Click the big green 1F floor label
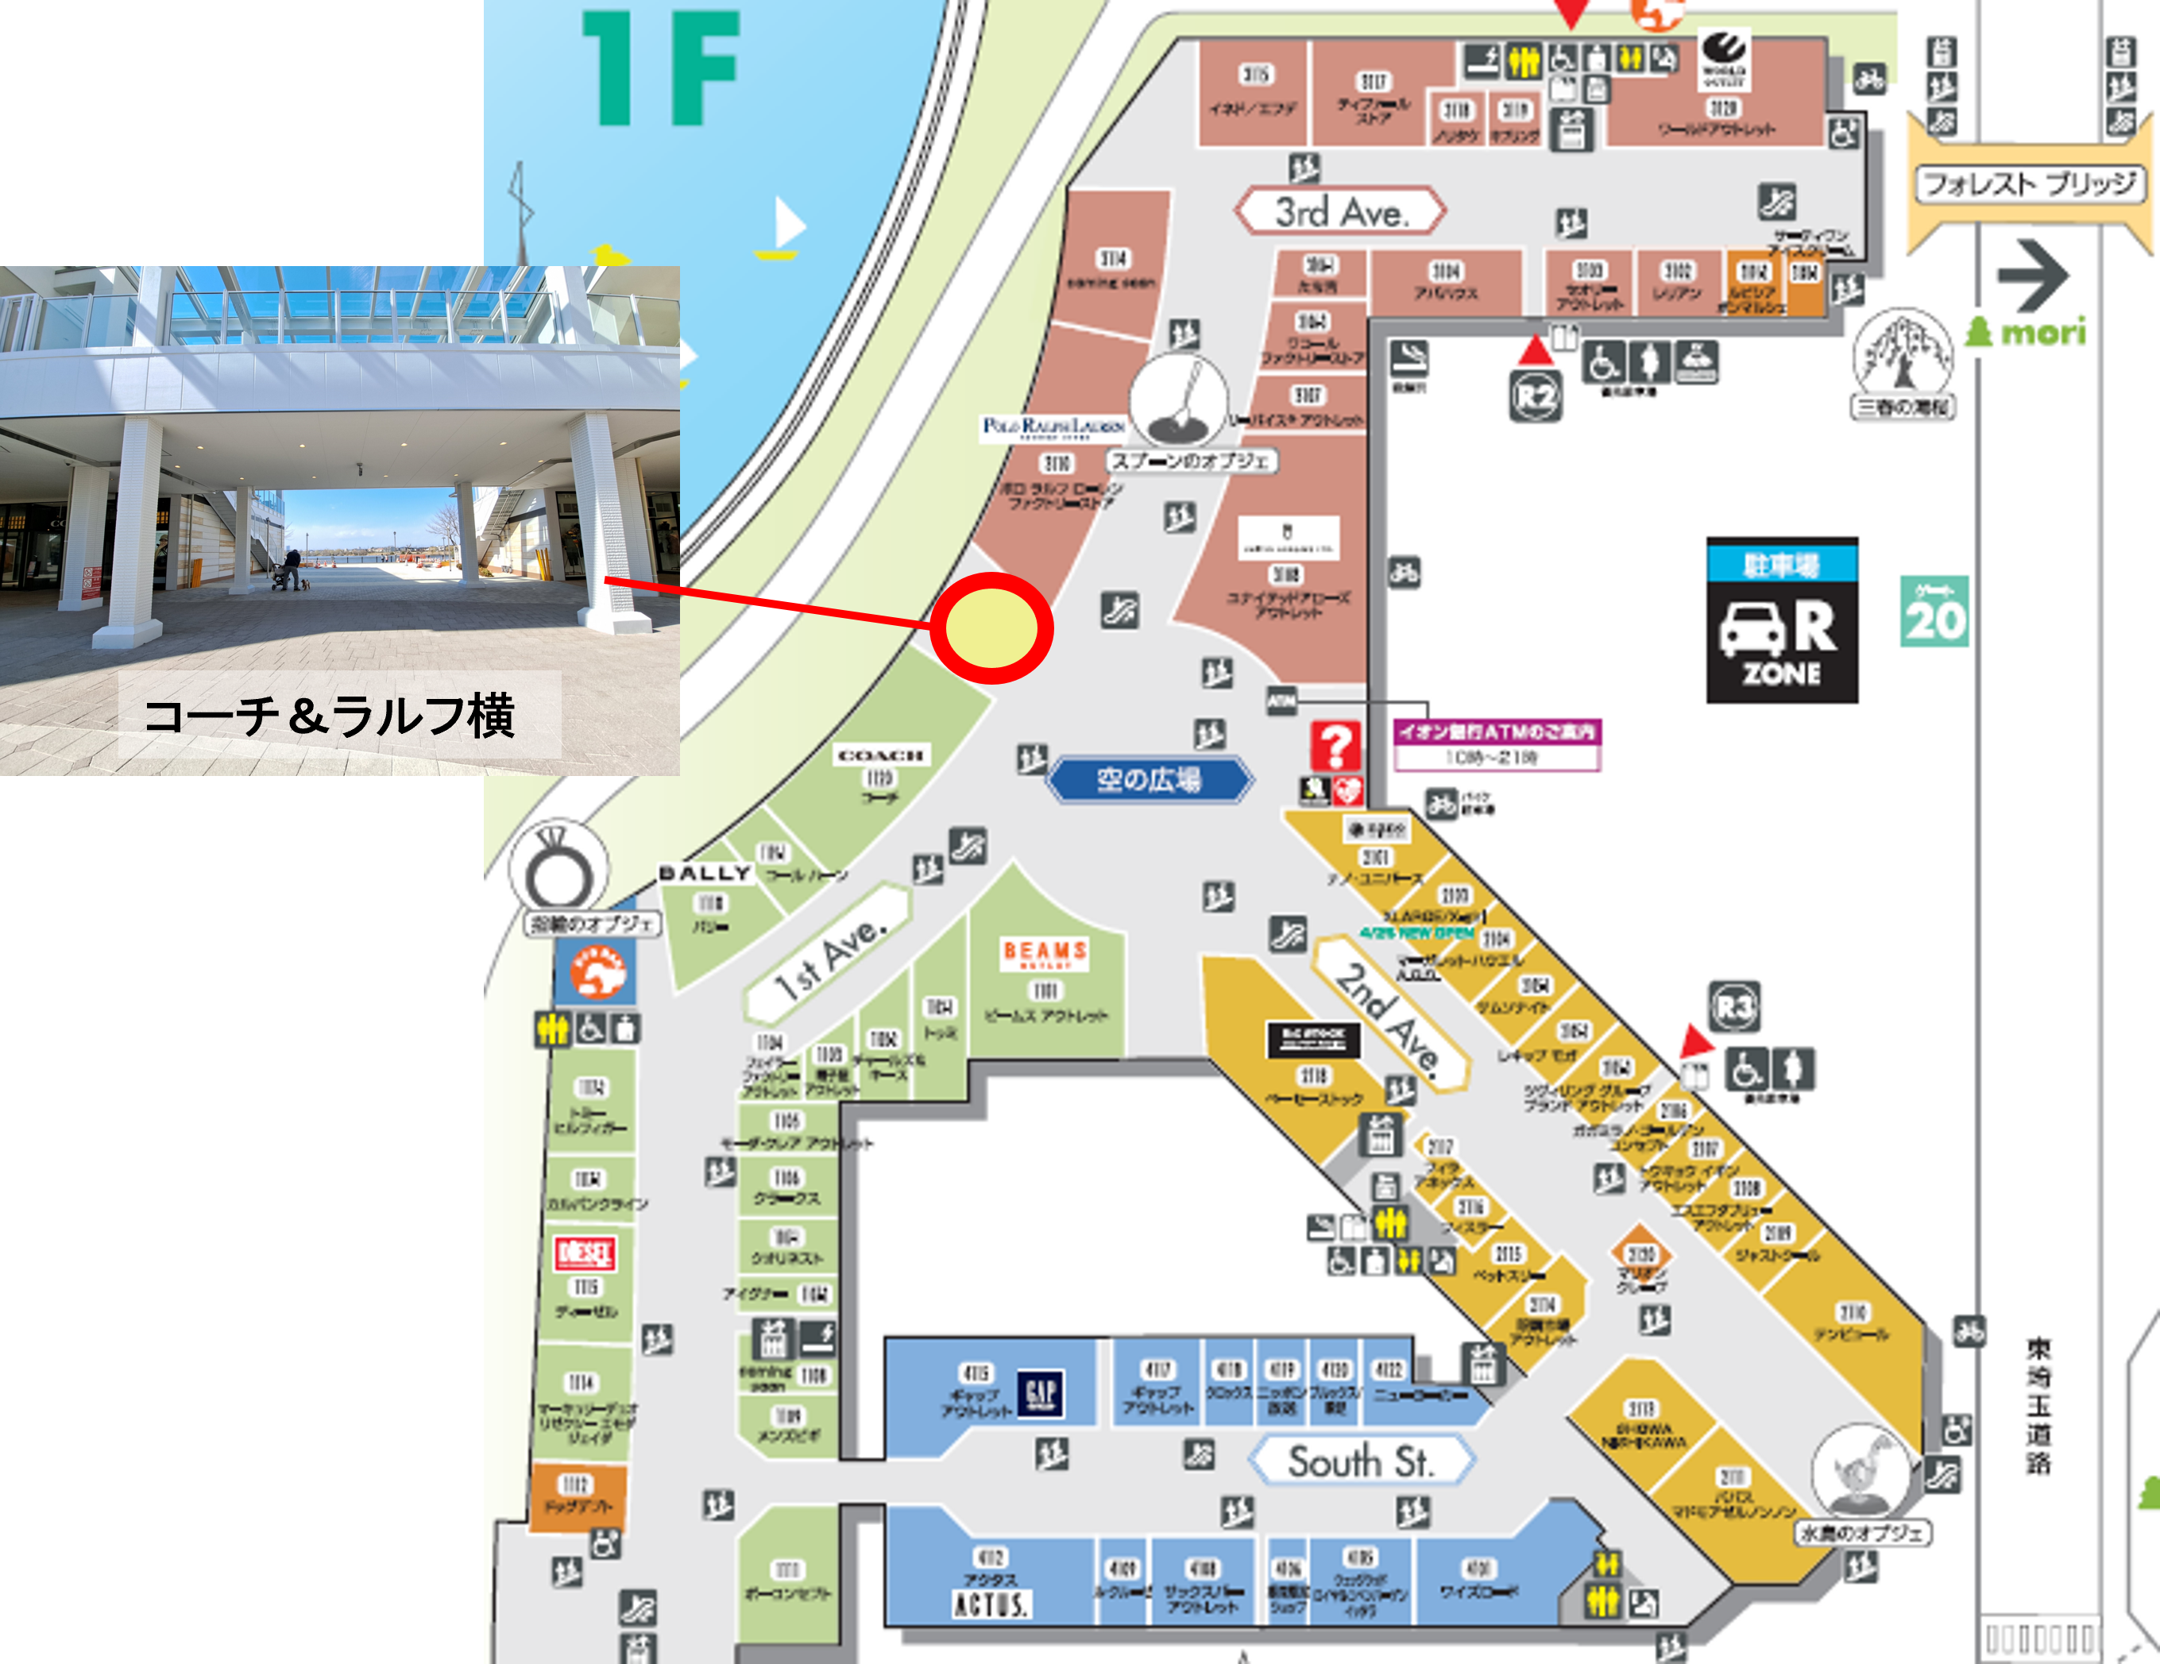[661, 69]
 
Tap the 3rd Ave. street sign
[1340, 210]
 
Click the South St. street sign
[1360, 1461]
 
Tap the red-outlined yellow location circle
[992, 627]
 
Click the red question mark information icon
[1335, 746]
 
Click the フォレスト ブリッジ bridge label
[2030, 184]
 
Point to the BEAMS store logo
[1045, 953]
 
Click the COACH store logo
[880, 755]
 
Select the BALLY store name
[704, 873]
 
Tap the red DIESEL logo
[585, 1253]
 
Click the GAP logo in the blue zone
[1041, 1392]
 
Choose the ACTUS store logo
[991, 1603]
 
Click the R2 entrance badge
[1535, 396]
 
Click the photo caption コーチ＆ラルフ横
[330, 715]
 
